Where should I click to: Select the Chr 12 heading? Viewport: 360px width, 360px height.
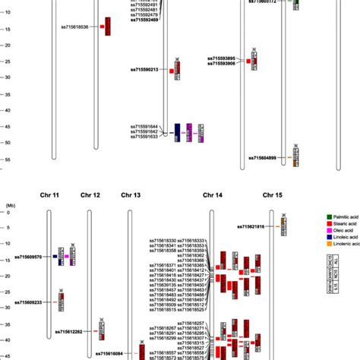90,195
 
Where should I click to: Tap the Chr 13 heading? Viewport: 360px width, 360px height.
131,195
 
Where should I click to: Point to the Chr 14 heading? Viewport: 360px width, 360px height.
213,195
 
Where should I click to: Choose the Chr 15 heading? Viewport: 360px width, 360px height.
273,195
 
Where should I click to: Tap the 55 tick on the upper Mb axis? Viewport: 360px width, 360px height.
6,159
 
